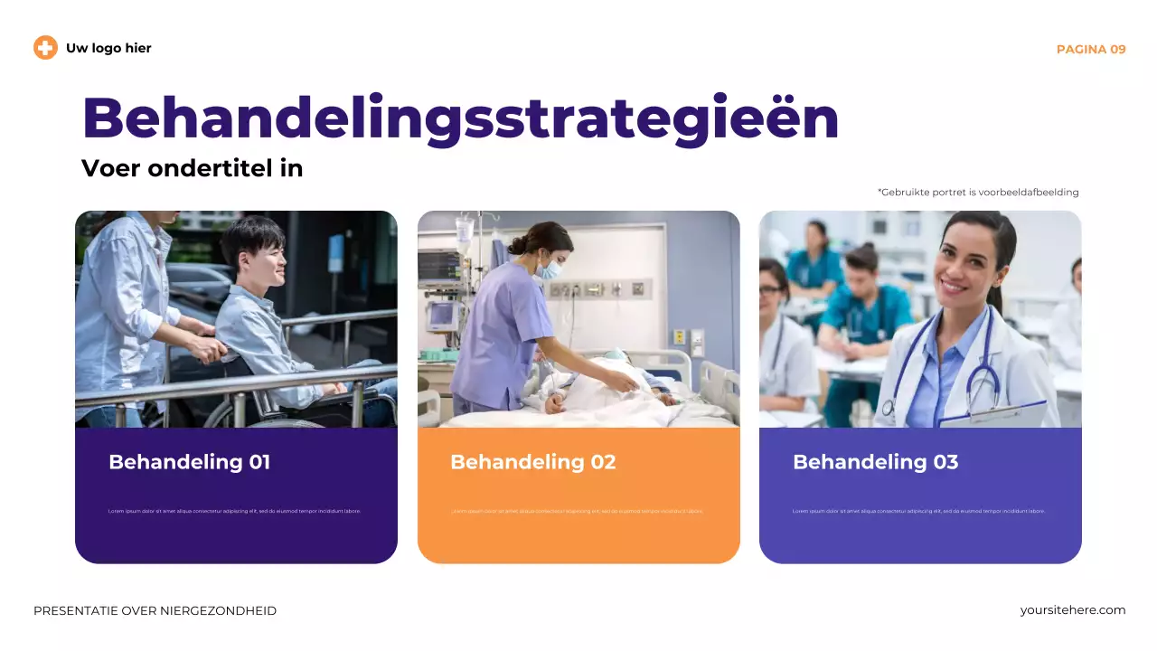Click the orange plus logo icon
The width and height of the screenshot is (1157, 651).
click(x=45, y=48)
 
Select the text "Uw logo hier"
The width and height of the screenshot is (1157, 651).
click(x=108, y=48)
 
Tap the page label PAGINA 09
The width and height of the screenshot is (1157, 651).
click(x=1091, y=49)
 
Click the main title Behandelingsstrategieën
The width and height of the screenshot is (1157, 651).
click(x=460, y=118)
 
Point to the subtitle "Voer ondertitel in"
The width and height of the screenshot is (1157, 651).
click(x=192, y=168)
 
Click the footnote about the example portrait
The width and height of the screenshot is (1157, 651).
click(x=978, y=192)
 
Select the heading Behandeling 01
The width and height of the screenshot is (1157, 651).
click(x=189, y=462)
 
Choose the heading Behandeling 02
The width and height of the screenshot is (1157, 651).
click(x=532, y=462)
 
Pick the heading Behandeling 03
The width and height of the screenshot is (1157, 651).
click(x=875, y=462)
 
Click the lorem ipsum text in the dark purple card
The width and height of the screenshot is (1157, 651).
click(x=234, y=511)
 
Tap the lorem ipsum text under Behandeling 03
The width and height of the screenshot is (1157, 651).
click(x=918, y=511)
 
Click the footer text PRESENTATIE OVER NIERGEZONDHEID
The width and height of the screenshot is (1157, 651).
click(x=155, y=611)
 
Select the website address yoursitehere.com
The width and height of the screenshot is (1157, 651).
click(x=1073, y=610)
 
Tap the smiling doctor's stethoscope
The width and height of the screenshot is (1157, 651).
click(x=976, y=371)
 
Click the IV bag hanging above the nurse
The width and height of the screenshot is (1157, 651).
click(x=465, y=232)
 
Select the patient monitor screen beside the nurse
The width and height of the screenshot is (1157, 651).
click(x=439, y=264)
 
